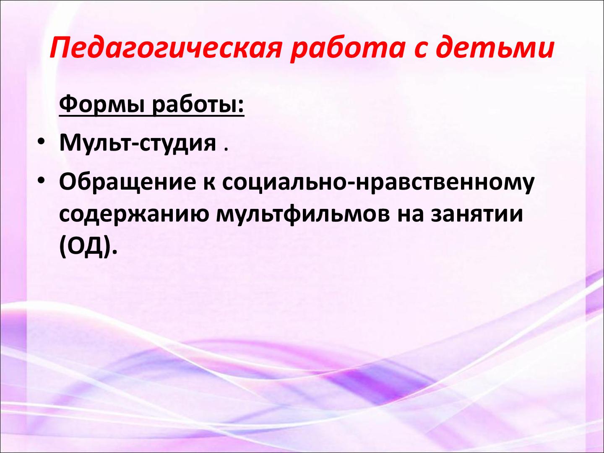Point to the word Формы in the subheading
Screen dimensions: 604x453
[102, 105]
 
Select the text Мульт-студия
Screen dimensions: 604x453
[138, 143]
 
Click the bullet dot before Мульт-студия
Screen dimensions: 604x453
[41, 142]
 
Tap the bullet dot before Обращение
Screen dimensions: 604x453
[41, 181]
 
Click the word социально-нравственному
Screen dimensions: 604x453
[378, 182]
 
